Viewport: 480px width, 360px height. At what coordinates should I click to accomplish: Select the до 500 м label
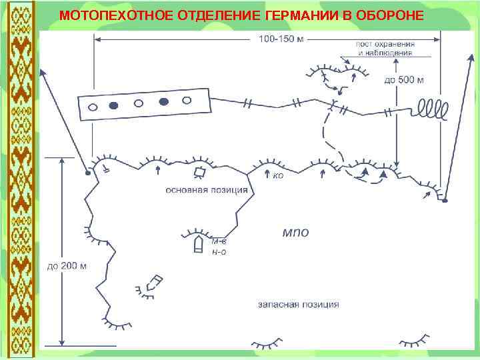click(x=405, y=80)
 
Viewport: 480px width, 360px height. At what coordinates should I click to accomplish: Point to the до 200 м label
click(x=67, y=266)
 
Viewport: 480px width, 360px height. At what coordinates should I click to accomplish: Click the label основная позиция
click(x=207, y=189)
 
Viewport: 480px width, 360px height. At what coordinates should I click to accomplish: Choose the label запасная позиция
click(x=298, y=305)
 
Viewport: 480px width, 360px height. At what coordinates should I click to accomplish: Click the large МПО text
click(x=295, y=232)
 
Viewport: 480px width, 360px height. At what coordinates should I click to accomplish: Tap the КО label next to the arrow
click(x=278, y=176)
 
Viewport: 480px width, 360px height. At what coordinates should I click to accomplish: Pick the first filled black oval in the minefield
click(x=114, y=105)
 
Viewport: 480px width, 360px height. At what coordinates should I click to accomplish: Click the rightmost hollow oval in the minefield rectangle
click(x=187, y=101)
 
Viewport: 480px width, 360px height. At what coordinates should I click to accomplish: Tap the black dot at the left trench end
click(x=88, y=173)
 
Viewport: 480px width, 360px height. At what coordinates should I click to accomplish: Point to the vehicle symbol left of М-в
click(x=197, y=244)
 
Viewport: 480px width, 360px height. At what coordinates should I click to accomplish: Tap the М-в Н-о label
click(x=219, y=247)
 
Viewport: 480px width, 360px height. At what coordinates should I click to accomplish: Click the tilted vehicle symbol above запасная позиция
click(x=155, y=281)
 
